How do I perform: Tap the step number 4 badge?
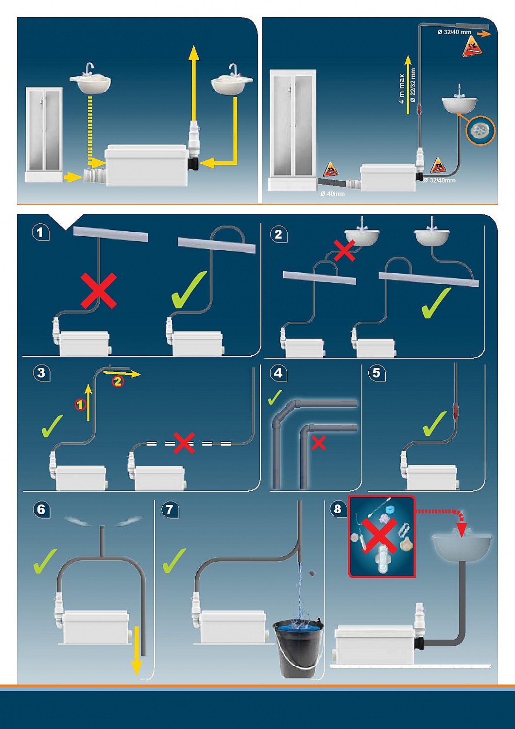(x=278, y=373)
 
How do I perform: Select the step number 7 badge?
(x=169, y=509)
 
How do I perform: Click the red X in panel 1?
(x=99, y=291)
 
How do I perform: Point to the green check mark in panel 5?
(x=434, y=423)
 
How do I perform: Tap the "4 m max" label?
(x=402, y=89)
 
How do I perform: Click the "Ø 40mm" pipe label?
(x=333, y=194)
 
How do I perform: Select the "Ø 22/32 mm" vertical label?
(x=413, y=85)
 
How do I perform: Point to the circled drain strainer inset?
(x=481, y=130)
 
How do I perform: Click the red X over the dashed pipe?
(x=184, y=443)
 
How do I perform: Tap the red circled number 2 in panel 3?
(x=118, y=382)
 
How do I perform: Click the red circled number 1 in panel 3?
(x=81, y=404)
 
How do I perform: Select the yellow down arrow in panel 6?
(x=137, y=651)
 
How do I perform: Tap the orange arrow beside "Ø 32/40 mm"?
(x=484, y=34)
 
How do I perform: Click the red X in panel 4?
(x=319, y=443)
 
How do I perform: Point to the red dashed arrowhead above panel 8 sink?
(x=462, y=528)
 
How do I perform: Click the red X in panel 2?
(x=344, y=251)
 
